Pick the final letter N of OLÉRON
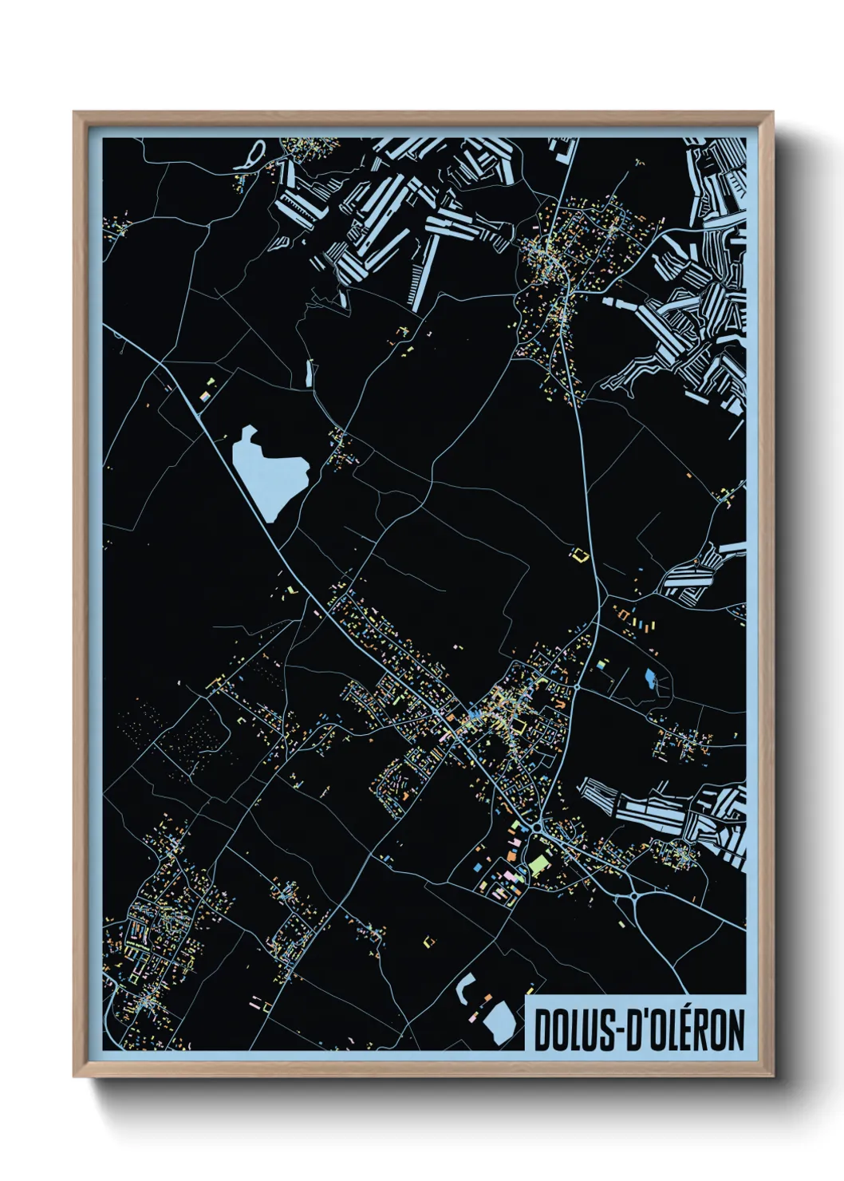click(736, 1030)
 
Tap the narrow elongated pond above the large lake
click(309, 373)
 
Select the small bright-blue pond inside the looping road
click(651, 679)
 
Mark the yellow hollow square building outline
click(579, 555)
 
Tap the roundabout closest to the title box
click(634, 896)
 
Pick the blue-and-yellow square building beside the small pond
click(603, 664)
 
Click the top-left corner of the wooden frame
click(74, 113)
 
